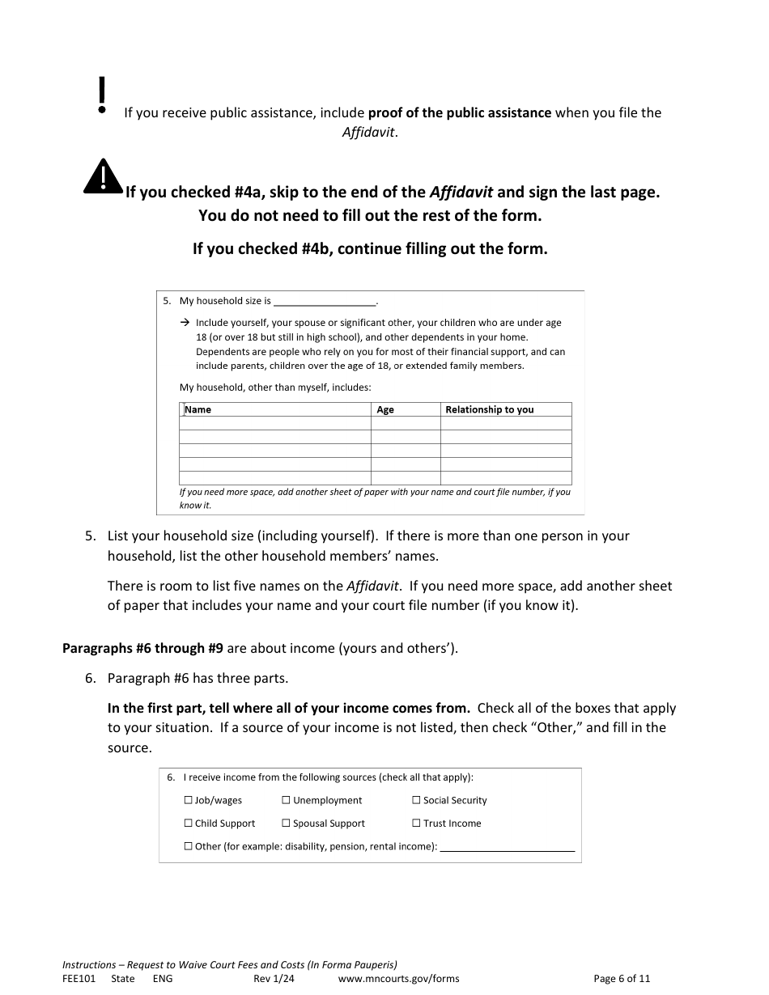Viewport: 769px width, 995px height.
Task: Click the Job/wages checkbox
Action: [189, 800]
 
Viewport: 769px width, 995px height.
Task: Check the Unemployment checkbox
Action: [287, 800]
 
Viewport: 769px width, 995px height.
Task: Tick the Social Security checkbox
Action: [416, 800]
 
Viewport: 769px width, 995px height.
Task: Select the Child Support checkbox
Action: [189, 824]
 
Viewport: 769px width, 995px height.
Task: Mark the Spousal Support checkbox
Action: [287, 824]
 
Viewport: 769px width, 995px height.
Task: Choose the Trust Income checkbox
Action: [416, 824]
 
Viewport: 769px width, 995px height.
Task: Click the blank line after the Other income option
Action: [507, 848]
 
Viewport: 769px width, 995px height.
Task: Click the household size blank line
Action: [325, 302]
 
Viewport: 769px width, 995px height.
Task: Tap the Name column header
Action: [198, 409]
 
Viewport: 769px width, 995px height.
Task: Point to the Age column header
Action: [385, 409]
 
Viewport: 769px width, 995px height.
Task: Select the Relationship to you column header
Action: [489, 409]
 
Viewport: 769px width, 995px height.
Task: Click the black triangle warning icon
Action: [103, 177]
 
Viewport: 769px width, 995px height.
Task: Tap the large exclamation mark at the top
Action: [101, 95]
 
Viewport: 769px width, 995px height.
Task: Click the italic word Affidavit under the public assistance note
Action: [369, 133]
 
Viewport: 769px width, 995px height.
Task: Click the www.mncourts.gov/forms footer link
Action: [398, 978]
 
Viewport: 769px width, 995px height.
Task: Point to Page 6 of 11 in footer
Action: [622, 978]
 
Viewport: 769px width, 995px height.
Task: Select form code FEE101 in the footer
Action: [79, 978]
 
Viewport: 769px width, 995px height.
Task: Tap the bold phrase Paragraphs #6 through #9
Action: [142, 648]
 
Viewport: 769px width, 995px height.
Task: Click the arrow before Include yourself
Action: [184, 322]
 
